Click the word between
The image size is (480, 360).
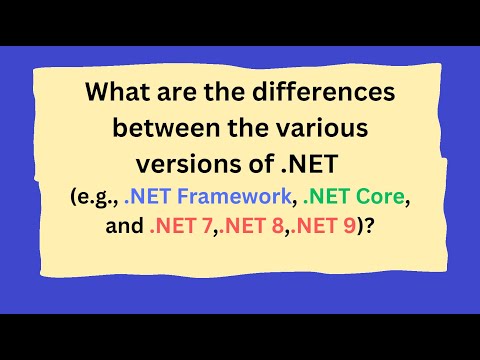point(164,128)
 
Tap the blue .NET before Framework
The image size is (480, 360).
point(150,197)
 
